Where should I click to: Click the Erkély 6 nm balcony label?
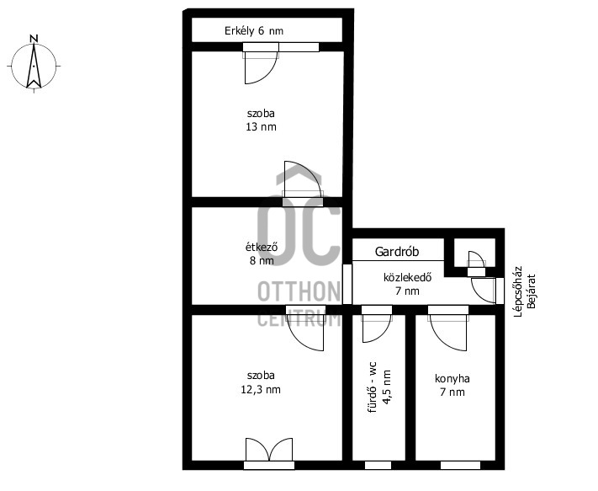254,31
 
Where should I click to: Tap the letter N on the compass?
34,39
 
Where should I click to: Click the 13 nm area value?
261,127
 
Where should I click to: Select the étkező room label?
262,247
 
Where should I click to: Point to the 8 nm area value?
262,261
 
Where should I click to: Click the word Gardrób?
397,252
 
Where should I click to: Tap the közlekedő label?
407,277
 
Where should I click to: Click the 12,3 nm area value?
261,390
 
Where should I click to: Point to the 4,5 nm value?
386,387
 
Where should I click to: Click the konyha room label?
452,379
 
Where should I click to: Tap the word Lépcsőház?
518,291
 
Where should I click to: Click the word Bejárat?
531,291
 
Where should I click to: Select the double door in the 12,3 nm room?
269,450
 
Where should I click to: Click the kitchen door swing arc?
442,339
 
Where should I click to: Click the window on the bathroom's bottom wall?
378,466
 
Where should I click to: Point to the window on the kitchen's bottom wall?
460,466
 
